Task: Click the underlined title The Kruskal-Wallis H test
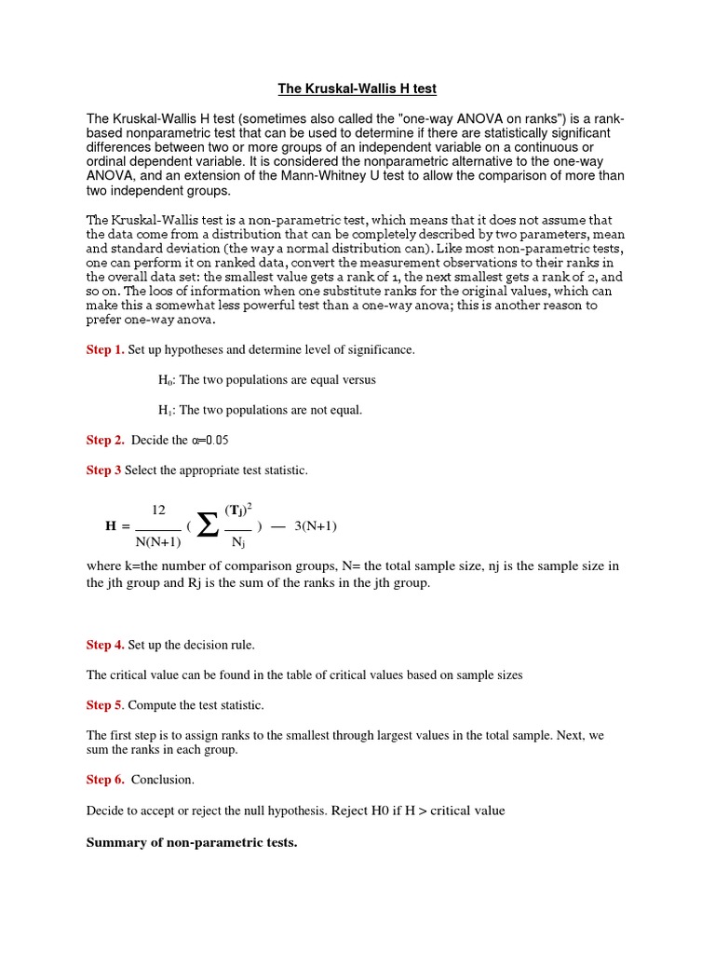click(357, 89)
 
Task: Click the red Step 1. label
click(105, 349)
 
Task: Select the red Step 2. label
click(105, 440)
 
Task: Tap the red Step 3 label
click(103, 470)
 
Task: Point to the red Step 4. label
click(105, 644)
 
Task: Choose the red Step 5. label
click(105, 704)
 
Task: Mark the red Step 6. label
click(105, 779)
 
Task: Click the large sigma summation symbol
click(208, 525)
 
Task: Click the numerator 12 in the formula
click(158, 510)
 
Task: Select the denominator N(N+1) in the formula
click(158, 541)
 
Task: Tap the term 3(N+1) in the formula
click(316, 525)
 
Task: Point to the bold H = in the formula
click(116, 526)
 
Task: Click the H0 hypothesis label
click(167, 380)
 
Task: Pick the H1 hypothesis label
click(167, 410)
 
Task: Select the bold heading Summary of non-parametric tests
click(192, 842)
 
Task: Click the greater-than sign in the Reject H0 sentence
click(421, 811)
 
